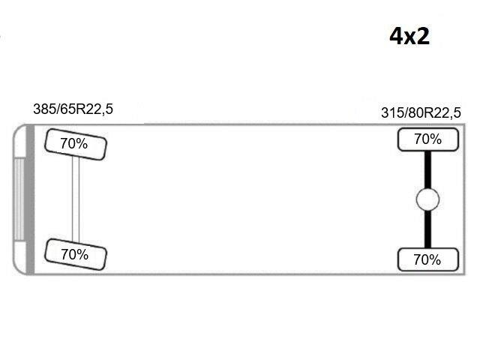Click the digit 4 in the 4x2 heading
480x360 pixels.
pyautogui.click(x=397, y=36)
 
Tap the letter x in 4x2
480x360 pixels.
pyautogui.click(x=410, y=38)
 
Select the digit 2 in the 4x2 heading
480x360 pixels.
pyautogui.click(x=423, y=36)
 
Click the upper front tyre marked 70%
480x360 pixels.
pyautogui.click(x=76, y=144)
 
